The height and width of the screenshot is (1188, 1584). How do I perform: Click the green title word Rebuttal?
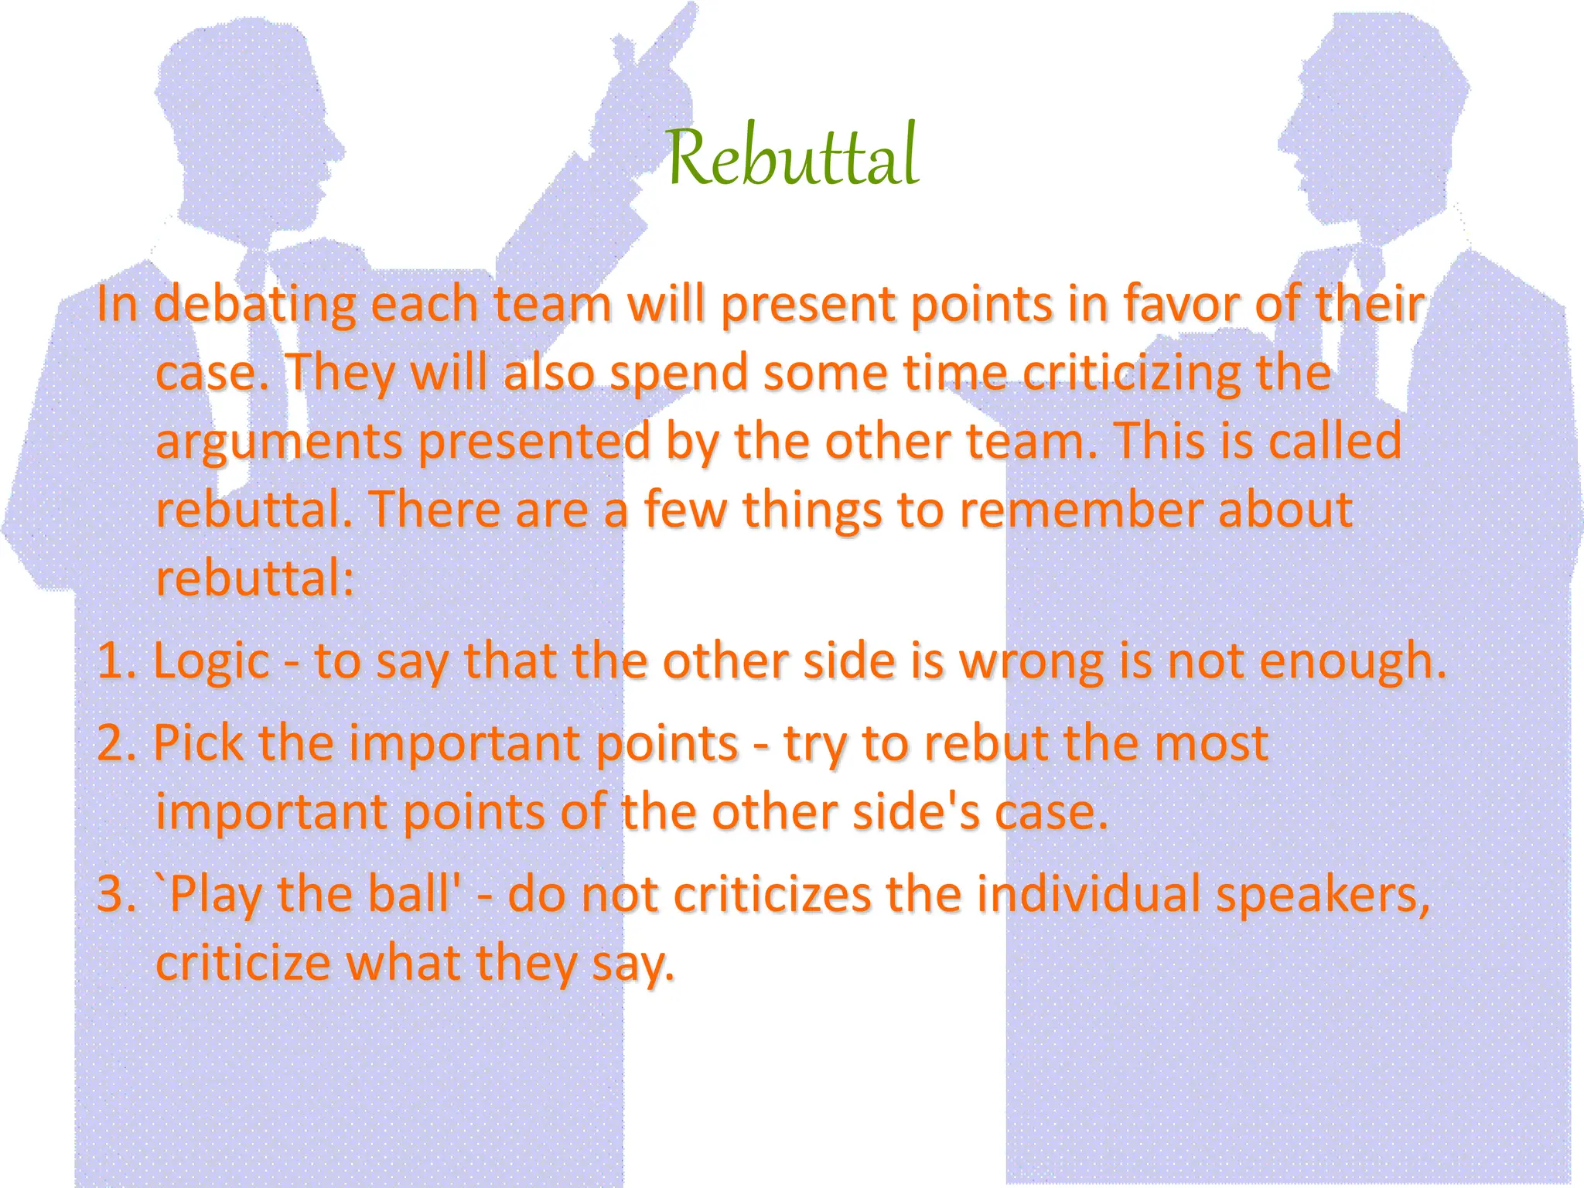click(x=792, y=156)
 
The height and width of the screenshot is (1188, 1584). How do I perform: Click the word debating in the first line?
click(x=254, y=305)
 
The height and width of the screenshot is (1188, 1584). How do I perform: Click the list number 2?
click(x=115, y=743)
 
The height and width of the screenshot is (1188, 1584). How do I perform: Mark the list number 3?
click(x=115, y=895)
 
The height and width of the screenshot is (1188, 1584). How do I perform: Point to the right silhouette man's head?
click(x=1369, y=116)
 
